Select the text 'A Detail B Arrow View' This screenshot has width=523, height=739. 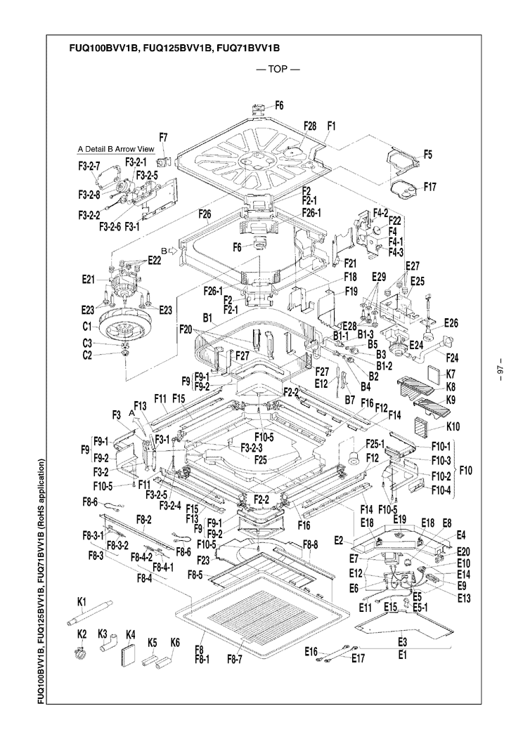click(x=116, y=149)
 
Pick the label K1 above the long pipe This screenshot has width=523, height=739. click(x=81, y=601)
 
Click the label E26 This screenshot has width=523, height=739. click(x=451, y=323)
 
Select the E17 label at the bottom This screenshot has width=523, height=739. click(x=359, y=658)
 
